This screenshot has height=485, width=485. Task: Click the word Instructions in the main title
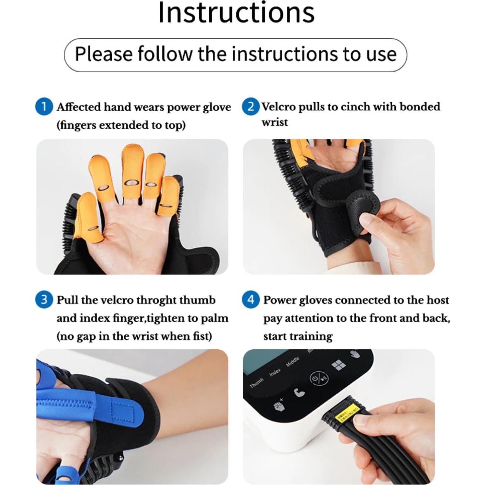point(236,13)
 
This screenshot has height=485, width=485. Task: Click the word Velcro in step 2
point(279,107)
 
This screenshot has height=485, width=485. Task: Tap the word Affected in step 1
point(79,107)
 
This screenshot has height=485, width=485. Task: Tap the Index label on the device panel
point(275,372)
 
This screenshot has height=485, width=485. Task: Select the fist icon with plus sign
point(278,406)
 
